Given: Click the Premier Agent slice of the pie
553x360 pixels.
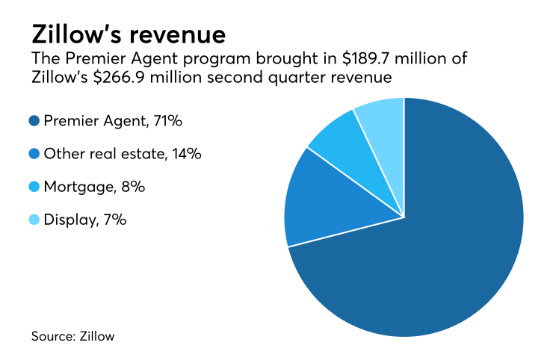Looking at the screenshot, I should coord(433,261).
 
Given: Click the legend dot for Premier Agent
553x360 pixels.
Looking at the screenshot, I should coord(35,120).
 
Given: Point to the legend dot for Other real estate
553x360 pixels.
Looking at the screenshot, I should coord(35,154).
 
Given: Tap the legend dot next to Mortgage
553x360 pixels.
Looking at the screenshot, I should coord(35,187).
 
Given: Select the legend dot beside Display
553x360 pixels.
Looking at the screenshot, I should coord(35,220).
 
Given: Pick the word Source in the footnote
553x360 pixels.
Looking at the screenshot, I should coord(52,336).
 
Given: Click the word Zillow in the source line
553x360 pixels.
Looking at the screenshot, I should coord(97,336).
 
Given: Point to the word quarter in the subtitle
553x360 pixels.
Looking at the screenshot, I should coord(298,78).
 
